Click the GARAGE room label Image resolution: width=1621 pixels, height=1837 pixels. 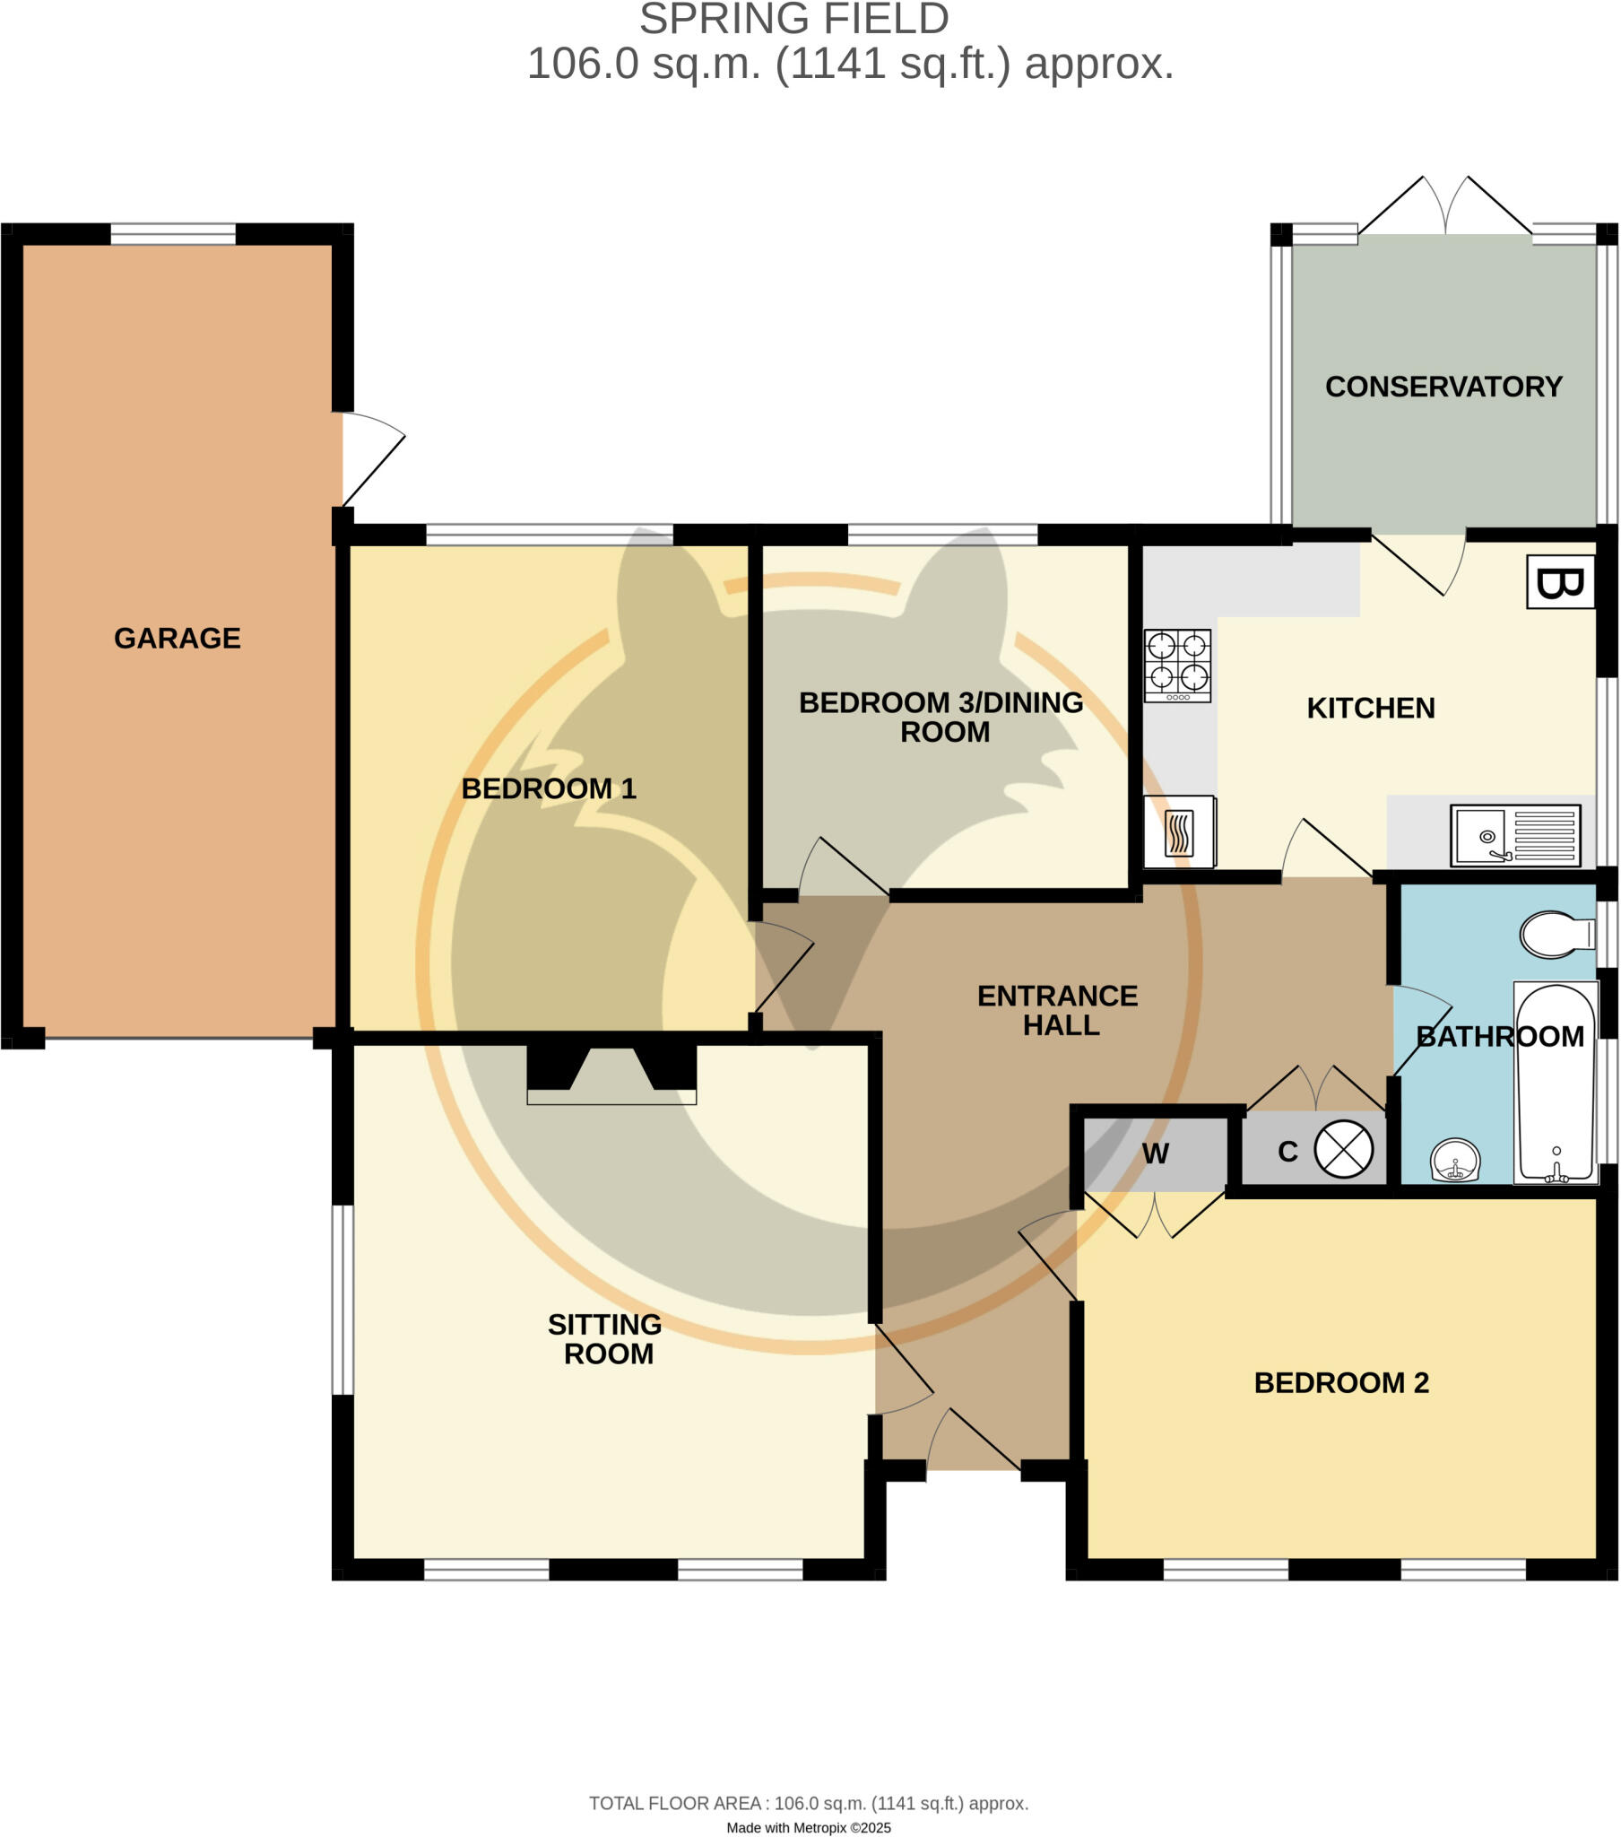177,638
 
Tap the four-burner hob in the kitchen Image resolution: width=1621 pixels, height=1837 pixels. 1177,666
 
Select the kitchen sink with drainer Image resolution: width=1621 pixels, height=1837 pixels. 1515,836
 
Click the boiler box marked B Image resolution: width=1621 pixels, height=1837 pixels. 1561,582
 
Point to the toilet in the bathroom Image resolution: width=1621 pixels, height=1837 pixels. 1556,935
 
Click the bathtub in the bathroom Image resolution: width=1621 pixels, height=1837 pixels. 1556,1083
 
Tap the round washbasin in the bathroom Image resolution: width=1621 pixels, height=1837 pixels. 1455,1162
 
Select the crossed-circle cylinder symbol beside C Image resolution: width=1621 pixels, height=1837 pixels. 1343,1151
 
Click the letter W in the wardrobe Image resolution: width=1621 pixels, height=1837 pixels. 1156,1154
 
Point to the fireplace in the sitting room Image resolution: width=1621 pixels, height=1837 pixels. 611,1075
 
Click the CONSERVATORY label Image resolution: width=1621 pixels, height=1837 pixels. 1443,387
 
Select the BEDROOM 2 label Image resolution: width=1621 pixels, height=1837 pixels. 1340,1382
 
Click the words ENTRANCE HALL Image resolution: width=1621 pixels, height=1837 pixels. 1059,1010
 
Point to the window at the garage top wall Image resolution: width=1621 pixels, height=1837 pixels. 172,234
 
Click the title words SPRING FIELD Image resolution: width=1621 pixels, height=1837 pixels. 793,20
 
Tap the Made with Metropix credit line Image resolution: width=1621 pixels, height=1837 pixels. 809,1827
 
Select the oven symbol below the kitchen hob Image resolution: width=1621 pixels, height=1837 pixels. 1179,832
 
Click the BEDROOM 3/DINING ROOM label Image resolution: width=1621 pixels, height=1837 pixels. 941,717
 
